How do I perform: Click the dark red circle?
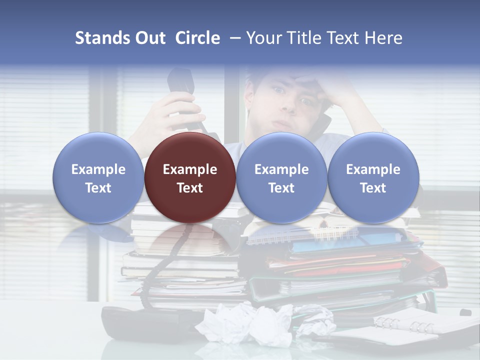coord(190,177)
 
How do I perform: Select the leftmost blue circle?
coord(98,177)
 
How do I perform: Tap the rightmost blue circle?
coord(373,177)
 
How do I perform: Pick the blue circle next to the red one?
coord(281,177)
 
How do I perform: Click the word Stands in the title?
coord(103,38)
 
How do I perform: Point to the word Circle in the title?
coord(197,38)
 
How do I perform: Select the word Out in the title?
coord(150,38)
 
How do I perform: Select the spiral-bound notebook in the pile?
coord(300,235)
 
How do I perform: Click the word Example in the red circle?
coord(190,169)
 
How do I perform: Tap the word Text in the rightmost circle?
coord(373,188)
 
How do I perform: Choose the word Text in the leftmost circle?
coord(98,188)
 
